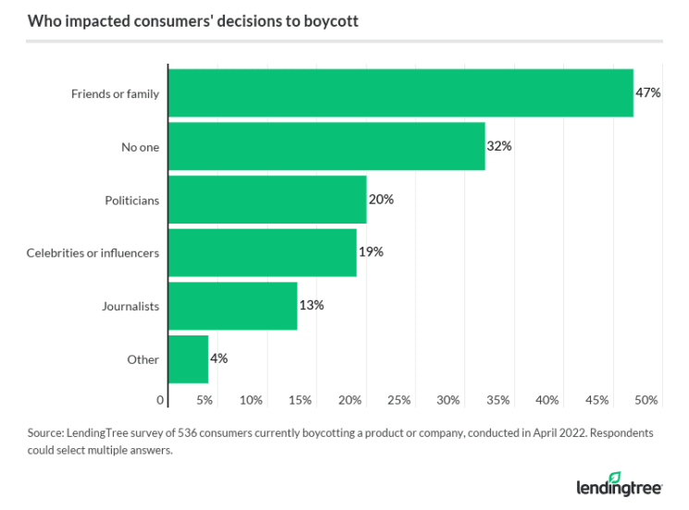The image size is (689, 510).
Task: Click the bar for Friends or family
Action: (400, 93)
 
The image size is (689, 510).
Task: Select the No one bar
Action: (326, 146)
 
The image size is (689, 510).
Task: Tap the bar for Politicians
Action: (267, 200)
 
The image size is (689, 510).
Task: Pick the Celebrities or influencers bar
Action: (263, 252)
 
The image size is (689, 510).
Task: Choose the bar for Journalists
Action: (233, 306)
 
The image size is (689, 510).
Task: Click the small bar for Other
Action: (189, 359)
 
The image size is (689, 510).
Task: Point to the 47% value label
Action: (647, 93)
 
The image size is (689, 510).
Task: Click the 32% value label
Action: (499, 146)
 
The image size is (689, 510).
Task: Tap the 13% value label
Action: (311, 306)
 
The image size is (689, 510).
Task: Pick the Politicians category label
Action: (132, 200)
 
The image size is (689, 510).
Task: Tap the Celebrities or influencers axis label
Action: (92, 252)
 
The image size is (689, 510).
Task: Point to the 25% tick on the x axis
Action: (400, 400)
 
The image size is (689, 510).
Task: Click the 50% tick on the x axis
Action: (646, 400)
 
